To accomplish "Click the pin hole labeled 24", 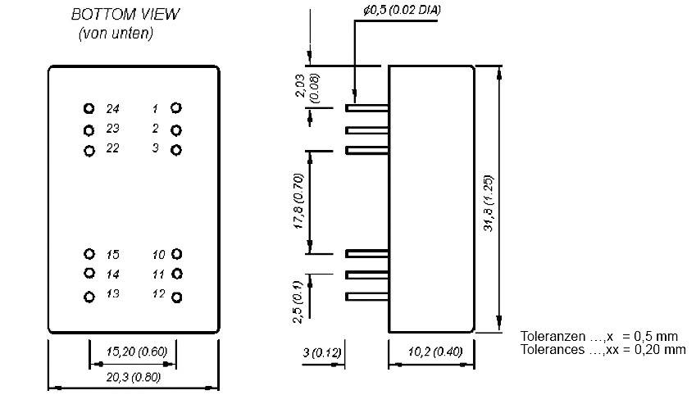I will click(89, 108).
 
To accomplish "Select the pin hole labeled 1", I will click(176, 107).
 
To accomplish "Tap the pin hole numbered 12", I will click(176, 295).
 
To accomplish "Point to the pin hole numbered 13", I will click(89, 296).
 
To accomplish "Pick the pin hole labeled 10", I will click(176, 254).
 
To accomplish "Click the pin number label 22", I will click(113, 148).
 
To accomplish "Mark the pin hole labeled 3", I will click(176, 149).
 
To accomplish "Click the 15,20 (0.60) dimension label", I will click(133, 352).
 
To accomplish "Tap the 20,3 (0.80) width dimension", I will click(133, 378).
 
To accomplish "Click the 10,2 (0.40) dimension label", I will click(431, 352).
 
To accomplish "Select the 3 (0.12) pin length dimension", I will click(323, 352).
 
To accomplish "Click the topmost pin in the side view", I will click(366, 108).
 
